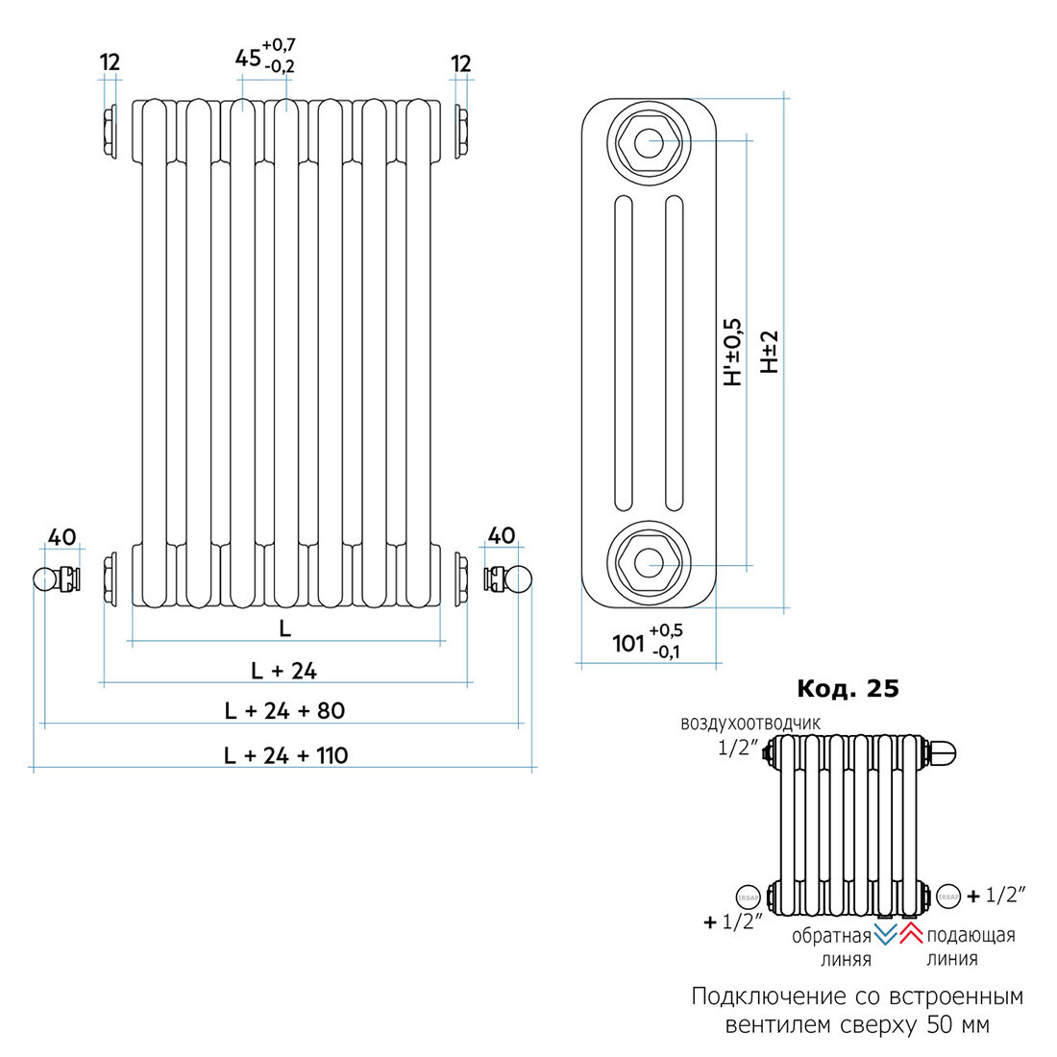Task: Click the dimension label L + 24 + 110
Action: pyautogui.click(x=285, y=755)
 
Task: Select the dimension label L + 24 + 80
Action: pyautogui.click(x=283, y=711)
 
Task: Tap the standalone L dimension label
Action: pyautogui.click(x=285, y=628)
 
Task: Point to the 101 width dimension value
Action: pyautogui.click(x=629, y=643)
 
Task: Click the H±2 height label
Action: pyautogui.click(x=769, y=352)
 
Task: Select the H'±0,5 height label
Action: pyautogui.click(x=733, y=352)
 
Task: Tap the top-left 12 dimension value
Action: pyautogui.click(x=111, y=63)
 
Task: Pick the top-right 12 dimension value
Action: pyautogui.click(x=461, y=63)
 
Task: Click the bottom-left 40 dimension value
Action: pyautogui.click(x=61, y=536)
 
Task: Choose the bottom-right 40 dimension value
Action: pyautogui.click(x=502, y=536)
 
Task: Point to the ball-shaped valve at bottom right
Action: pyautogui.click(x=520, y=579)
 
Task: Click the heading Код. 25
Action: pyautogui.click(x=848, y=689)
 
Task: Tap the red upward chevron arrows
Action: pyautogui.click(x=911, y=933)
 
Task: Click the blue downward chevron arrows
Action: pyautogui.click(x=885, y=933)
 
